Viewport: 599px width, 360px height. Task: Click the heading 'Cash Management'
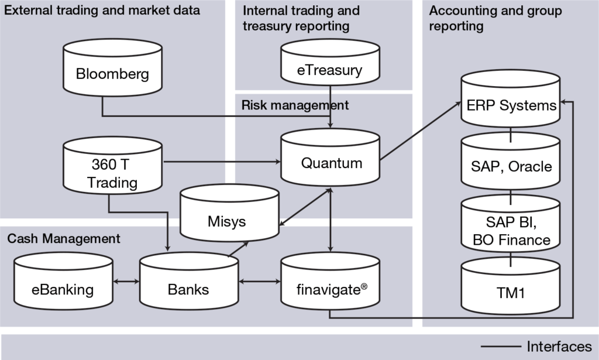(x=64, y=239)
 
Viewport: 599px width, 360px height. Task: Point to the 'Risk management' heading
(x=295, y=105)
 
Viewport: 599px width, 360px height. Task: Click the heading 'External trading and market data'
(x=104, y=11)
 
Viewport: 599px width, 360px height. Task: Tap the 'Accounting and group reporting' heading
(x=495, y=18)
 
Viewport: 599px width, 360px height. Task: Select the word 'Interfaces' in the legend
(x=559, y=347)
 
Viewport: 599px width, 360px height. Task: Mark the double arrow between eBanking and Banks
(x=126, y=282)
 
